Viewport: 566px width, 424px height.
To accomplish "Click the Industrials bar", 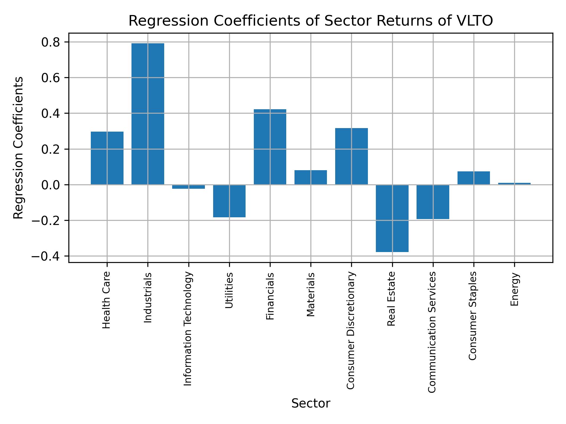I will pyautogui.click(x=148, y=114).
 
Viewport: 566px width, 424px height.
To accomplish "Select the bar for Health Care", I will pyautogui.click(x=107, y=158).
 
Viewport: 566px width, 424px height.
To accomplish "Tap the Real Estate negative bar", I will pyautogui.click(x=392, y=218).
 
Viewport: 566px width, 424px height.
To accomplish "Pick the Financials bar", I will pyautogui.click(x=270, y=147).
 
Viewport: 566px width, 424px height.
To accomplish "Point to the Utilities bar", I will pyautogui.click(x=229, y=201).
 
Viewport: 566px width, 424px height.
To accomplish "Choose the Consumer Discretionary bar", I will pyautogui.click(x=351, y=156).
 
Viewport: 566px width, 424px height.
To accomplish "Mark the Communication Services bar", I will pyautogui.click(x=433, y=202).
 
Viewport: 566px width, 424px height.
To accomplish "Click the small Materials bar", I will pyautogui.click(x=310, y=177).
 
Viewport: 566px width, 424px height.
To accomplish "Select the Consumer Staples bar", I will pyautogui.click(x=473, y=178).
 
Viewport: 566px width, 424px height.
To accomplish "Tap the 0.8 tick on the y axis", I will pyautogui.click(x=51, y=42).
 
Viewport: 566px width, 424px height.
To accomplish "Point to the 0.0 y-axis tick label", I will pyautogui.click(x=51, y=185).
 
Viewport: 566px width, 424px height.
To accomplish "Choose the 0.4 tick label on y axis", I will pyautogui.click(x=51, y=114).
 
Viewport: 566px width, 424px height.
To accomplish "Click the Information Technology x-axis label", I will pyautogui.click(x=188, y=329).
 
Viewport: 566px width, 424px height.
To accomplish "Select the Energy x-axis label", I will pyautogui.click(x=514, y=289).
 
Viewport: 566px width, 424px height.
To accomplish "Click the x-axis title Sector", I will pyautogui.click(x=310, y=403).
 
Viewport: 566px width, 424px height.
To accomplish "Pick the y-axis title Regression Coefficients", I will pyautogui.click(x=19, y=148).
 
